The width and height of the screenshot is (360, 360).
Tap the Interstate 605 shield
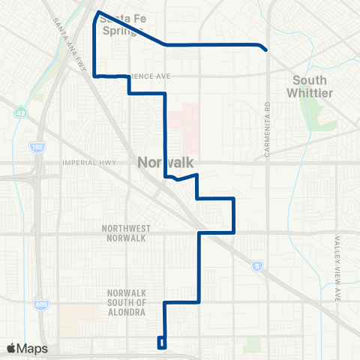click(x=39, y=304)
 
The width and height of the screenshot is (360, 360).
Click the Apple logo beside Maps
click(x=11, y=348)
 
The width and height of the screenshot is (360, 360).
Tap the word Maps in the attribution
click(x=32, y=348)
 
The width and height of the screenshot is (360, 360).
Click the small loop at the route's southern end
click(x=161, y=343)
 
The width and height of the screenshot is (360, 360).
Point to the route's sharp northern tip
click(x=98, y=12)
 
